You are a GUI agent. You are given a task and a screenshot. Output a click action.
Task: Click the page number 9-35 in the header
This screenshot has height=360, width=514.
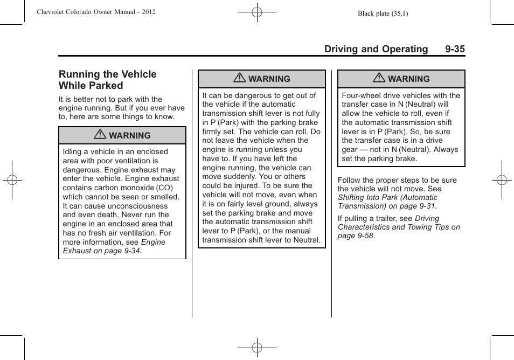click(455, 49)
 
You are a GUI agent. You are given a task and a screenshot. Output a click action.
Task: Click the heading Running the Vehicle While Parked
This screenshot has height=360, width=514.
click(107, 80)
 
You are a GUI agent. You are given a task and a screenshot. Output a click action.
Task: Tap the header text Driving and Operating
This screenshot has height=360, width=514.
click(376, 49)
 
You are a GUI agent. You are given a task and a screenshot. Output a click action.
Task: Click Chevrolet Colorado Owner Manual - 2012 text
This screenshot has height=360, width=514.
click(96, 11)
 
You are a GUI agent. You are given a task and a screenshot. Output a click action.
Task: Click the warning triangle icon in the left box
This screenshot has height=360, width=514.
click(100, 135)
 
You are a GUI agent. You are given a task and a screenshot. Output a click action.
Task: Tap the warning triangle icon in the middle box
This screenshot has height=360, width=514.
click(240, 79)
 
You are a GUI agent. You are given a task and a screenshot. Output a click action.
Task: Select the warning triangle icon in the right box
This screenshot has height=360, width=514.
click(379, 79)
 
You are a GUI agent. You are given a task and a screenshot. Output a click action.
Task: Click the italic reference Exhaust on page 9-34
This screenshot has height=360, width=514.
click(102, 251)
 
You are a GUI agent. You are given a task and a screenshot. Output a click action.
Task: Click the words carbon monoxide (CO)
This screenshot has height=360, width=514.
click(132, 188)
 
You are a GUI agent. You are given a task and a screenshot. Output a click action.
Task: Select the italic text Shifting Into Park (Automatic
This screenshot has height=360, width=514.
click(387, 198)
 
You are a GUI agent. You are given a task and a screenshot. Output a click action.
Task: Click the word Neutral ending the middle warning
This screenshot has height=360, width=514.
click(307, 240)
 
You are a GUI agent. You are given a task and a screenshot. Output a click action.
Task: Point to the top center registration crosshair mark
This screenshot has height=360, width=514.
click(257, 11)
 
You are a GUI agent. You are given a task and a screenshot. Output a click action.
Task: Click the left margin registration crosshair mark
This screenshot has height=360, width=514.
click(12, 180)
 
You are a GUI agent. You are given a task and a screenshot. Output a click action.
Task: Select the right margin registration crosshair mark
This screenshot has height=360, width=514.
click(502, 180)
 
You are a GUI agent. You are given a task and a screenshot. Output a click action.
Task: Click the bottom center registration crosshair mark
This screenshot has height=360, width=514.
click(257, 348)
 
